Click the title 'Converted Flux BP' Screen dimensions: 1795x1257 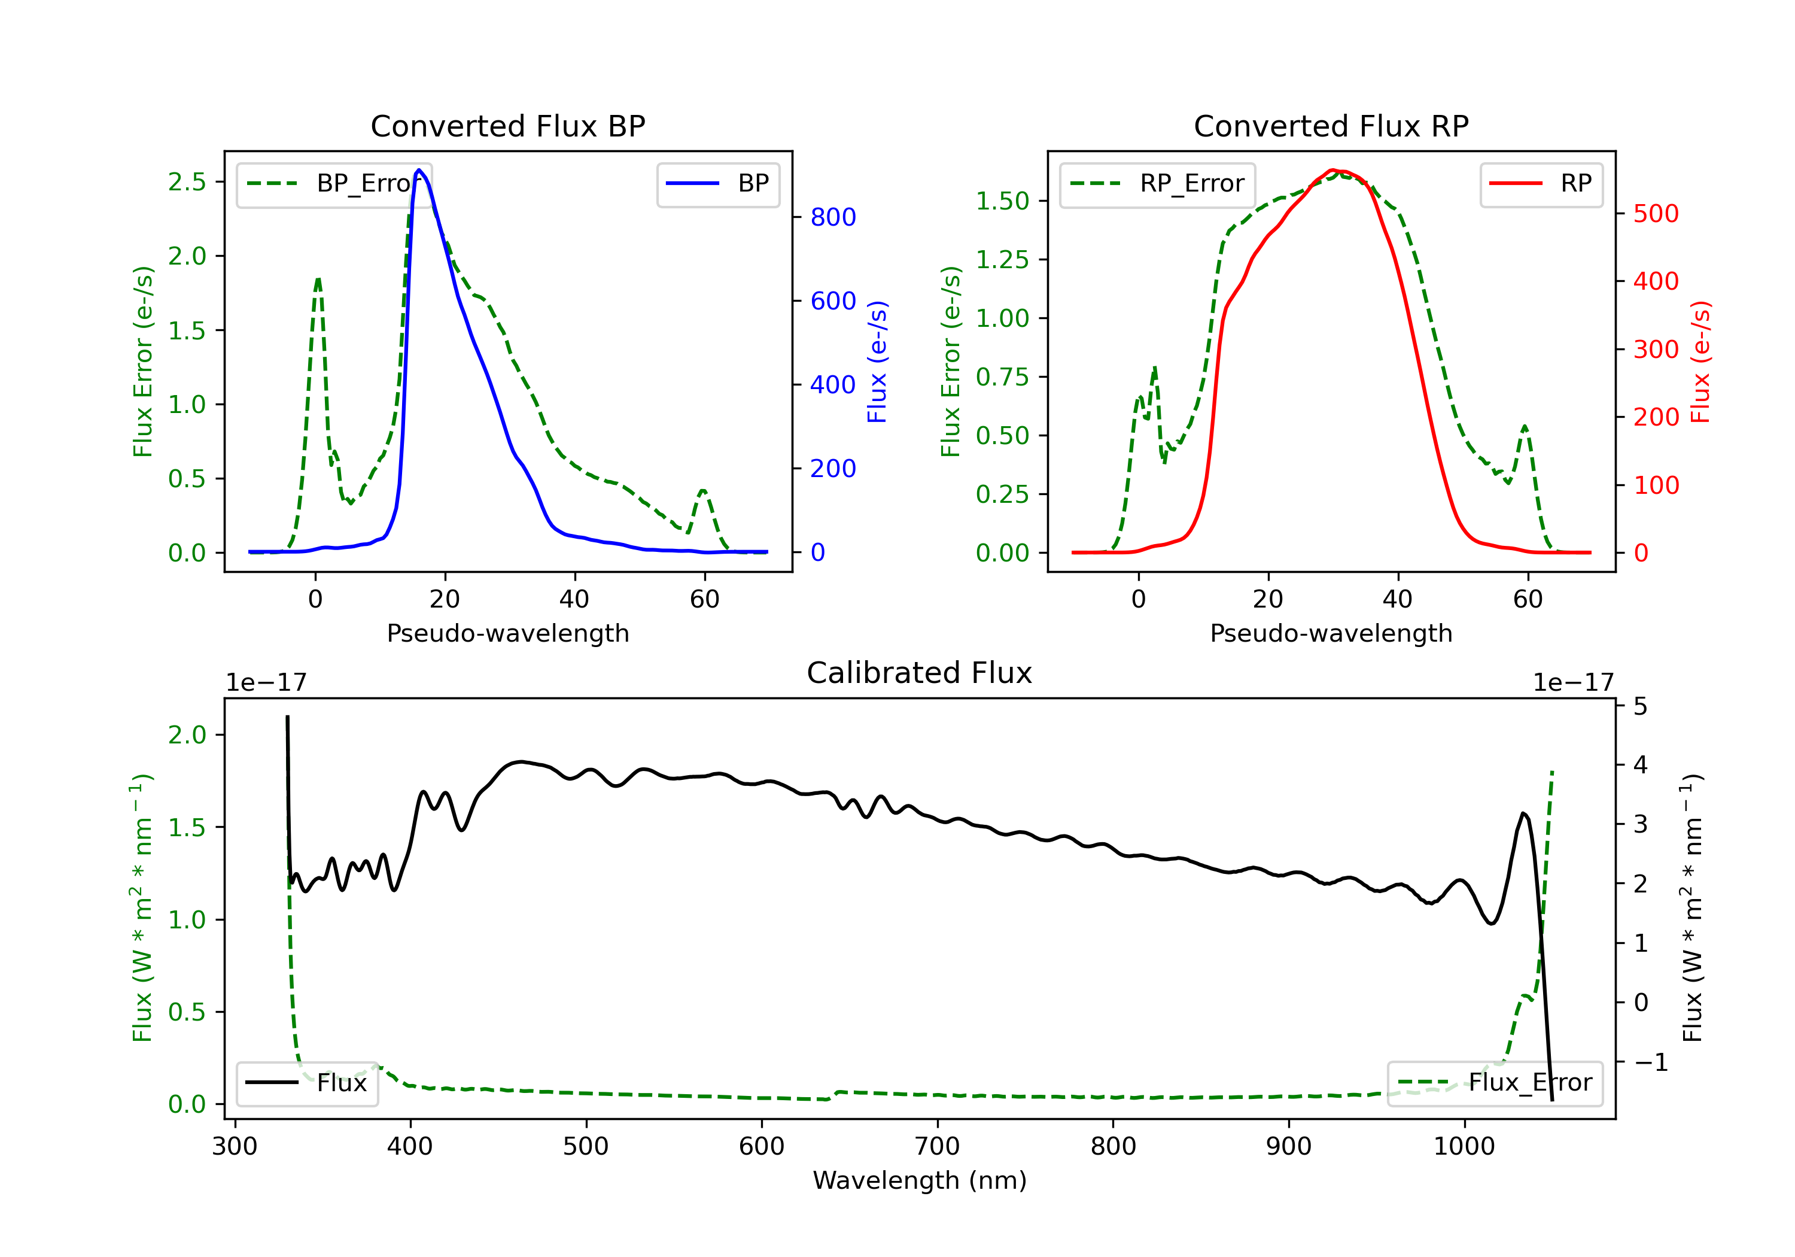[508, 126]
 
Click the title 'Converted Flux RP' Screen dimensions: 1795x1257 [1331, 126]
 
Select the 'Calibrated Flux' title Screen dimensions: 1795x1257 [920, 673]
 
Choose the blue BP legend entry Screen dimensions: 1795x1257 [717, 184]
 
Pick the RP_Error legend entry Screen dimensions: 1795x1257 [1158, 184]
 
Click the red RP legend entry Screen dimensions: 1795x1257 [1541, 184]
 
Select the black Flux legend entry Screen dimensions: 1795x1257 [306, 1083]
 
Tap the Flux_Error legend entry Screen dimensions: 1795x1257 [1495, 1083]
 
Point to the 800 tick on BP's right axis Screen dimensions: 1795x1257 [833, 217]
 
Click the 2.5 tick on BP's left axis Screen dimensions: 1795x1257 [187, 182]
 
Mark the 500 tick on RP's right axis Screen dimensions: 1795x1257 [1656, 214]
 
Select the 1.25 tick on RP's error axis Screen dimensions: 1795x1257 [1002, 260]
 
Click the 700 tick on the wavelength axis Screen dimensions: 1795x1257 [938, 1147]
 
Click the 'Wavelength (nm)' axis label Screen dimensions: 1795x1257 [920, 1180]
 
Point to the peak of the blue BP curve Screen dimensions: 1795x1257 [419, 170]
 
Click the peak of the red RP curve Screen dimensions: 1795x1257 [1334, 170]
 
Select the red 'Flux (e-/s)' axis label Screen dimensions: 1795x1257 [1700, 362]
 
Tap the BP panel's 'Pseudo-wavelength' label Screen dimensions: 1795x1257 [508, 633]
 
